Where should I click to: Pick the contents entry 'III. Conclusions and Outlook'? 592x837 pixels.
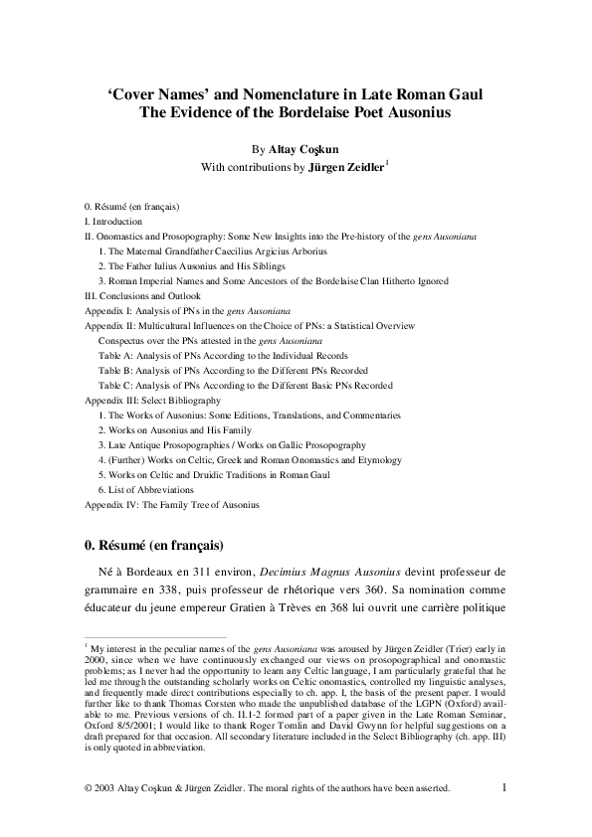(x=142, y=296)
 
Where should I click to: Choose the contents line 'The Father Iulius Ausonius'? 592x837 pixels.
(x=191, y=266)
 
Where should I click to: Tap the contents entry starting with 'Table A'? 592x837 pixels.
(x=223, y=355)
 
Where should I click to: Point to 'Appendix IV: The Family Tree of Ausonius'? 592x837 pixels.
(x=171, y=505)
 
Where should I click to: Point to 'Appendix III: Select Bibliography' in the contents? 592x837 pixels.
(x=151, y=400)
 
